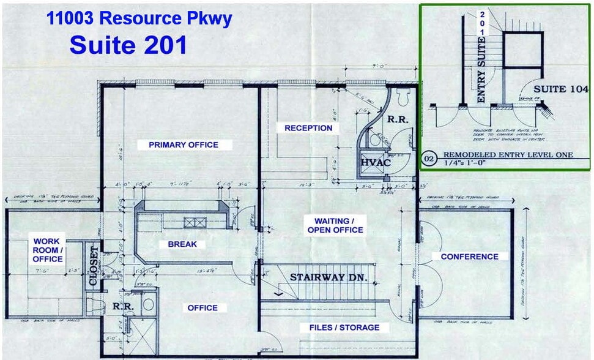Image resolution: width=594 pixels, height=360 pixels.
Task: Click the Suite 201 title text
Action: [128, 44]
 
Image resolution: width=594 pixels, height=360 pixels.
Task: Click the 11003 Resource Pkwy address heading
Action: [139, 18]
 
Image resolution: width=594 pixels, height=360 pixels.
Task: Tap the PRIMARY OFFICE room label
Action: [184, 145]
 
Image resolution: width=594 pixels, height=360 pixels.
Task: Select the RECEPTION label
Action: [308, 128]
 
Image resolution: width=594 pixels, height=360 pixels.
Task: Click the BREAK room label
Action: [182, 244]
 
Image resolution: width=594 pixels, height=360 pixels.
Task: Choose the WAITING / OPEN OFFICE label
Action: [339, 225]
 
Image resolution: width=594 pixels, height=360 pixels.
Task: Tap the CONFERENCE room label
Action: [469, 257]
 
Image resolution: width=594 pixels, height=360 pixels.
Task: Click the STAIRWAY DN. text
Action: [329, 277]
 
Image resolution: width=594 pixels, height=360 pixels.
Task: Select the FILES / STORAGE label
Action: [340, 328]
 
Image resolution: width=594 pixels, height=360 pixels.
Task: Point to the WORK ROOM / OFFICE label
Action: [48, 250]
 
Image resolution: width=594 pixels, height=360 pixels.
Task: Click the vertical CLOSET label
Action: [94, 266]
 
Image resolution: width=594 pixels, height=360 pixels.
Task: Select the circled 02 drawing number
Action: [430, 160]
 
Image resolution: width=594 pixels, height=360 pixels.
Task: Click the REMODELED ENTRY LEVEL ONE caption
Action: [508, 155]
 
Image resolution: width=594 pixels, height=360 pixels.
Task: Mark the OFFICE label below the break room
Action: [202, 308]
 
